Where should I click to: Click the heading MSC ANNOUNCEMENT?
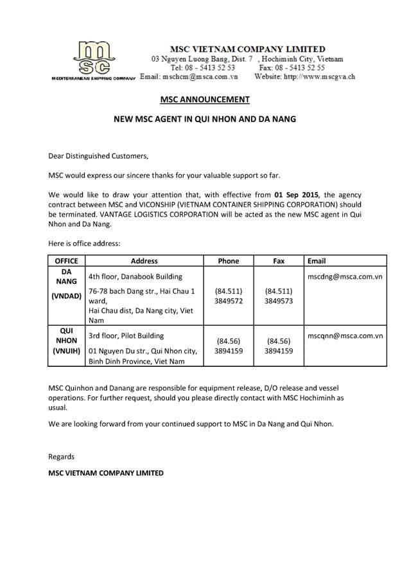204,100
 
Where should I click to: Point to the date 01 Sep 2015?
297,194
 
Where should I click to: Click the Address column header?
144,261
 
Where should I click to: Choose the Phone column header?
229,261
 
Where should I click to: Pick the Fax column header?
279,261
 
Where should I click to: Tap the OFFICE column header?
66,261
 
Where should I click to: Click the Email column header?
317,261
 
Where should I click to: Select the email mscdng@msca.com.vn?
345,276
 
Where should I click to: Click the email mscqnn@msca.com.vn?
345,335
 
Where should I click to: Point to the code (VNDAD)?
66,296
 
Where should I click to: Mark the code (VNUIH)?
66,351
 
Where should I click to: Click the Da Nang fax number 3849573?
279,300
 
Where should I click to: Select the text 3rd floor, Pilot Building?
127,335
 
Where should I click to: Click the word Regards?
62,457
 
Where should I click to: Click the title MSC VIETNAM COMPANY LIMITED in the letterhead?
247,49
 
